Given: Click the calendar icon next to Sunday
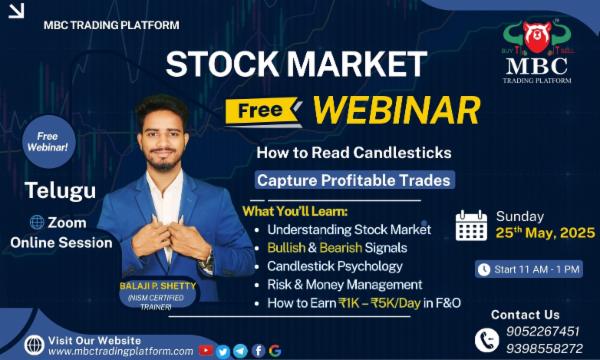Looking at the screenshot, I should [471, 225].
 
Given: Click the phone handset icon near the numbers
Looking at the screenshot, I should [487, 340].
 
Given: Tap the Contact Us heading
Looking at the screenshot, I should [525, 314].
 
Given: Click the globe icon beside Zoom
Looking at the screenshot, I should [37, 223].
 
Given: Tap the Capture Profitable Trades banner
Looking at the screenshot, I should [353, 181].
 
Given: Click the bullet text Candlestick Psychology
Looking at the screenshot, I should [336, 266].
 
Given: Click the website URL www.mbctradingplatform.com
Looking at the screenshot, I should [121, 351].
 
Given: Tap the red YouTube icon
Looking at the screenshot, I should [206, 350].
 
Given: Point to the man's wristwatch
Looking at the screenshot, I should [207, 263].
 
